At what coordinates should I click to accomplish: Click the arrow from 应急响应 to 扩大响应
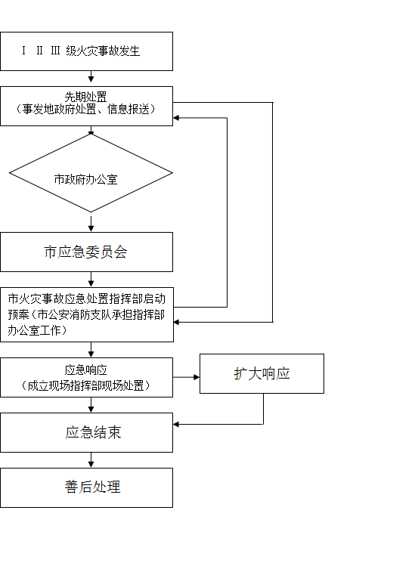tap(186, 377)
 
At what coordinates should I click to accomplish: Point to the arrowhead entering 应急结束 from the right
tap(176, 424)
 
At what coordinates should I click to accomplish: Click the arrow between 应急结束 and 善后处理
tap(91, 460)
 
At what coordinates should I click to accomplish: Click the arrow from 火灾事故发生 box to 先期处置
tap(91, 76)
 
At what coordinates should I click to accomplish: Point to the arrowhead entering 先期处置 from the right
tap(176, 118)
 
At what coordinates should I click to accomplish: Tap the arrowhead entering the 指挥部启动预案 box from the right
tap(177, 322)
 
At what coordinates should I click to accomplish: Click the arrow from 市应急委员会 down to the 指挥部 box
tap(91, 280)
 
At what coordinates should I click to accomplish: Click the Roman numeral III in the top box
tap(55, 51)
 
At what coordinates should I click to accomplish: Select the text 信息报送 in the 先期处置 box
tap(128, 109)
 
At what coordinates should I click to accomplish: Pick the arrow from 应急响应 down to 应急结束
tap(91, 405)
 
